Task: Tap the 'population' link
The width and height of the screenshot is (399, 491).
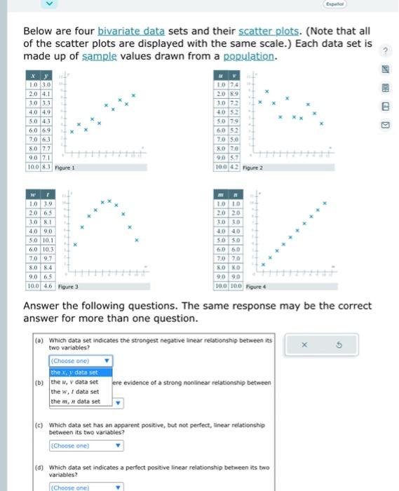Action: (248, 56)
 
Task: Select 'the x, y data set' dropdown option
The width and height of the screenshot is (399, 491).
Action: (74, 372)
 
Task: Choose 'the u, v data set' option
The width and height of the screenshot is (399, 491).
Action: (74, 382)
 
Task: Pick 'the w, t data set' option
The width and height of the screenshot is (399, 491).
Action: (74, 391)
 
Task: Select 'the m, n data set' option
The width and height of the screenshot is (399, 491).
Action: (74, 401)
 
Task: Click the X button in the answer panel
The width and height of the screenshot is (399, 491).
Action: (304, 344)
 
